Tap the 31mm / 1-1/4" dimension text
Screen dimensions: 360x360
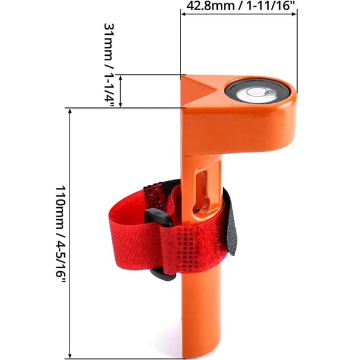pyautogui.click(x=109, y=65)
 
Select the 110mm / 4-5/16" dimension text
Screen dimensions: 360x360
pyautogui.click(x=61, y=234)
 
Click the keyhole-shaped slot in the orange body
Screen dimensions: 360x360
pyautogui.click(x=202, y=192)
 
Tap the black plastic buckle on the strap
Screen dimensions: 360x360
pyautogui.click(x=160, y=244)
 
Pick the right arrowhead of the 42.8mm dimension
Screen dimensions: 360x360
pyautogui.click(x=294, y=14)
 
